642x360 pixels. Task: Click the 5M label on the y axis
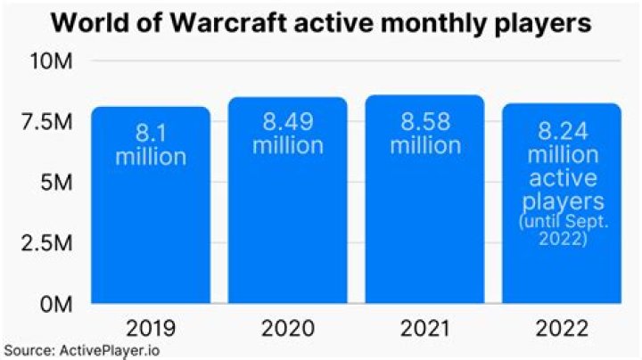(x=60, y=183)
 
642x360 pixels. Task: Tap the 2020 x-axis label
(x=287, y=329)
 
